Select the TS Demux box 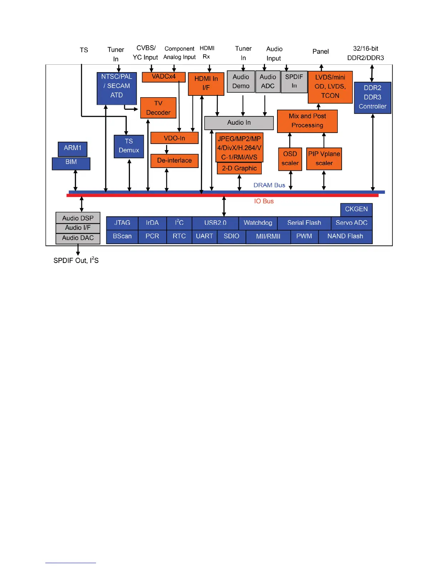(129, 146)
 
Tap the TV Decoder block (158, 108)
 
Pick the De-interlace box (174, 161)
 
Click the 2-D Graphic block (239, 168)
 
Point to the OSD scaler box (290, 159)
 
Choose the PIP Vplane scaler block (324, 159)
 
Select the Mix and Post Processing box (307, 121)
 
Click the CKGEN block (356, 209)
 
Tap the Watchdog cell (258, 223)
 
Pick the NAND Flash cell (345, 236)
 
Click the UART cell (204, 236)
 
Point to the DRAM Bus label (269, 185)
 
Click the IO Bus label (264, 201)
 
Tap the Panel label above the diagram (320, 51)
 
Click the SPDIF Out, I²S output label (76, 260)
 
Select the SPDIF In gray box (294, 81)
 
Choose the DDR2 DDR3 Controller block (372, 97)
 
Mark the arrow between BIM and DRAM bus (75, 180)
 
